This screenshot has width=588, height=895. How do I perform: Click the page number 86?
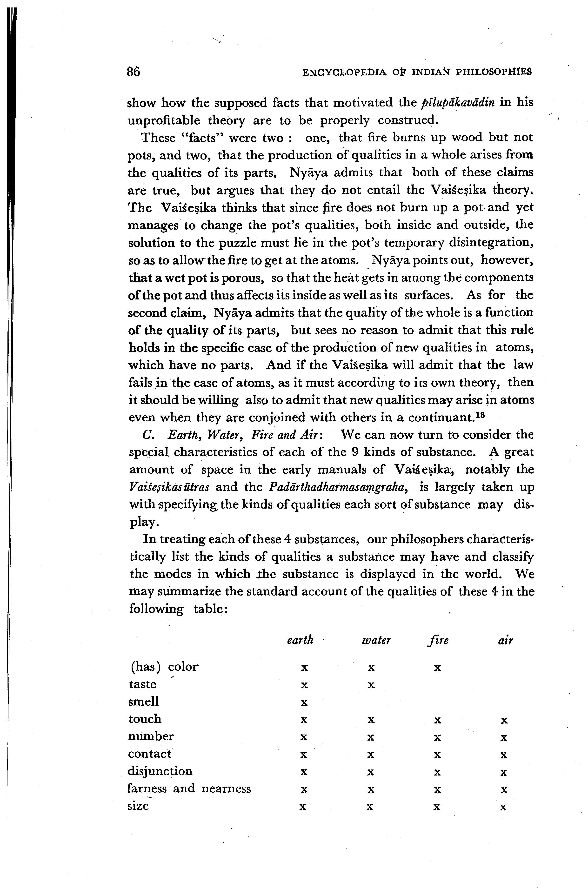(x=134, y=72)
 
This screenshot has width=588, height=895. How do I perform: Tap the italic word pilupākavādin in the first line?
(x=457, y=103)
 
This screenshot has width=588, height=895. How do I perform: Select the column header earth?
(x=300, y=640)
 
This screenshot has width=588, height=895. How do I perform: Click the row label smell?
(x=143, y=701)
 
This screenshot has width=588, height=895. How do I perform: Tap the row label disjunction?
(x=160, y=771)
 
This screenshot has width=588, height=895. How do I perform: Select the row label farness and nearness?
(x=189, y=789)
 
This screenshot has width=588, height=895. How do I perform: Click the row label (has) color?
(x=164, y=667)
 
